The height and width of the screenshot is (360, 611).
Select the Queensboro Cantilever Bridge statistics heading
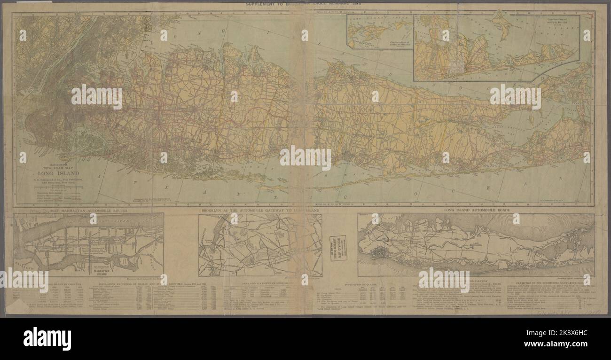(x=550, y=285)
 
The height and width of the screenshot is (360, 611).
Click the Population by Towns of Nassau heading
(x=155, y=285)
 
